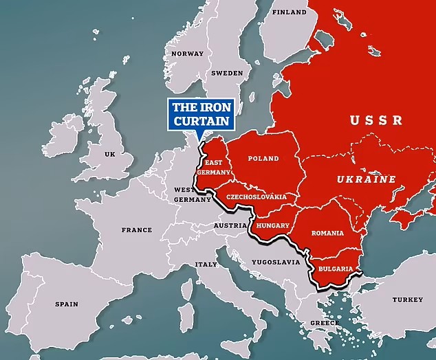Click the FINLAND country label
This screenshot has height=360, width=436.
click(289, 12)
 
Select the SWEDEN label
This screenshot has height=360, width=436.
click(226, 72)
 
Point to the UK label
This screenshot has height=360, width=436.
click(109, 155)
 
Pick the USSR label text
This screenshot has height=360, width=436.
click(375, 121)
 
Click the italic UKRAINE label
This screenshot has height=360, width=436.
click(366, 179)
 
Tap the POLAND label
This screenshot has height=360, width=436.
click(263, 159)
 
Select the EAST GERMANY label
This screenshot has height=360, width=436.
click(210, 168)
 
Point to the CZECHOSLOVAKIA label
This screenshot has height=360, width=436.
click(256, 196)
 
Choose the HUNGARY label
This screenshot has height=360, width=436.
click(272, 225)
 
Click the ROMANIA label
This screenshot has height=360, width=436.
click(327, 233)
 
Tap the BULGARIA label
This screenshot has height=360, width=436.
click(336, 269)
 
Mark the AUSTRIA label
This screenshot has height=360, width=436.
click(230, 225)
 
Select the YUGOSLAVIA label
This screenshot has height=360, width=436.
click(276, 262)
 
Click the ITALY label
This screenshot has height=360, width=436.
click(206, 265)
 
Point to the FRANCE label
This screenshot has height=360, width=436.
click(136, 230)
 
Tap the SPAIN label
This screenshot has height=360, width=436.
click(67, 304)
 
